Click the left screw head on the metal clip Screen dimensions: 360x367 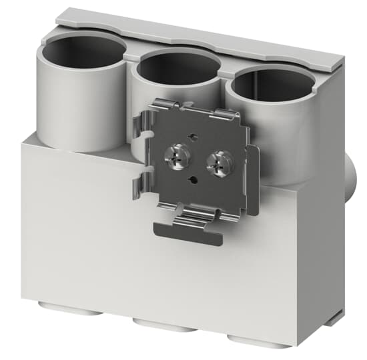pyautogui.click(x=179, y=157)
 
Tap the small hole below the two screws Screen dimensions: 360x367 pyautogui.click(x=193, y=179)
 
